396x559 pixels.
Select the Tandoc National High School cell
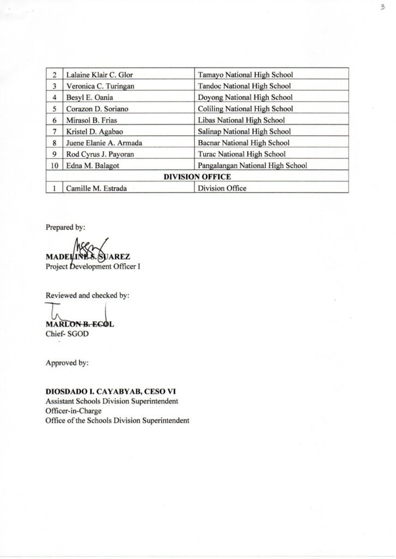coord(244,86)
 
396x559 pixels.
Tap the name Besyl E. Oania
coord(90,97)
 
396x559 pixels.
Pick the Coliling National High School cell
coord(245,109)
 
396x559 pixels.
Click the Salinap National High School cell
coord(244,132)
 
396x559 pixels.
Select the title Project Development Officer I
coord(89,266)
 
